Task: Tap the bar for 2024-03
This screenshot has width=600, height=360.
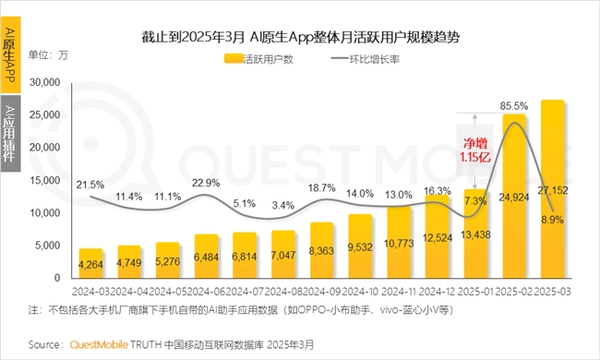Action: tap(90, 264)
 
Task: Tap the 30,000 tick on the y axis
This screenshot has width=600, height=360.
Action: tap(45, 82)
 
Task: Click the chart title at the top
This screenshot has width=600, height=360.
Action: tap(301, 38)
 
